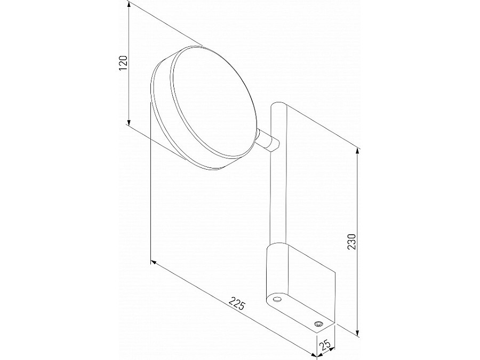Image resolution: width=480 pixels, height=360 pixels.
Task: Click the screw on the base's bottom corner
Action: (318, 324)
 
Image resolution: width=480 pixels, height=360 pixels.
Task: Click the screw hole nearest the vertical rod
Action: (276, 300)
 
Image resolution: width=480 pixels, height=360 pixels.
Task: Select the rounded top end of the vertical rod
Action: (279, 106)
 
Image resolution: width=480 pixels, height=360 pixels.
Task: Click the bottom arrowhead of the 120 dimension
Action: (130, 121)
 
